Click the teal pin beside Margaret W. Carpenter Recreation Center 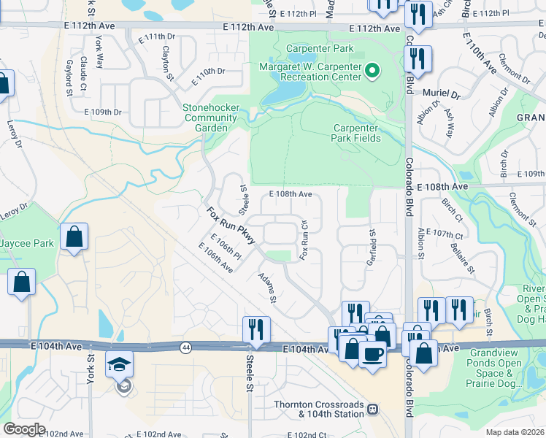pos(372,72)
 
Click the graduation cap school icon pos(120,364)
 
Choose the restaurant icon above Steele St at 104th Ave pos(257,328)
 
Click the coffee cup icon pos(373,355)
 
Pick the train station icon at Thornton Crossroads pos(372,409)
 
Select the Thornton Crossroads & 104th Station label pos(318,410)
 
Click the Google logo pos(24,429)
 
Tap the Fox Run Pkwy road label pos(230,226)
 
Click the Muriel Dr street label pos(441,95)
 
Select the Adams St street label pos(267,288)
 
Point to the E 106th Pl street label pos(226,247)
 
